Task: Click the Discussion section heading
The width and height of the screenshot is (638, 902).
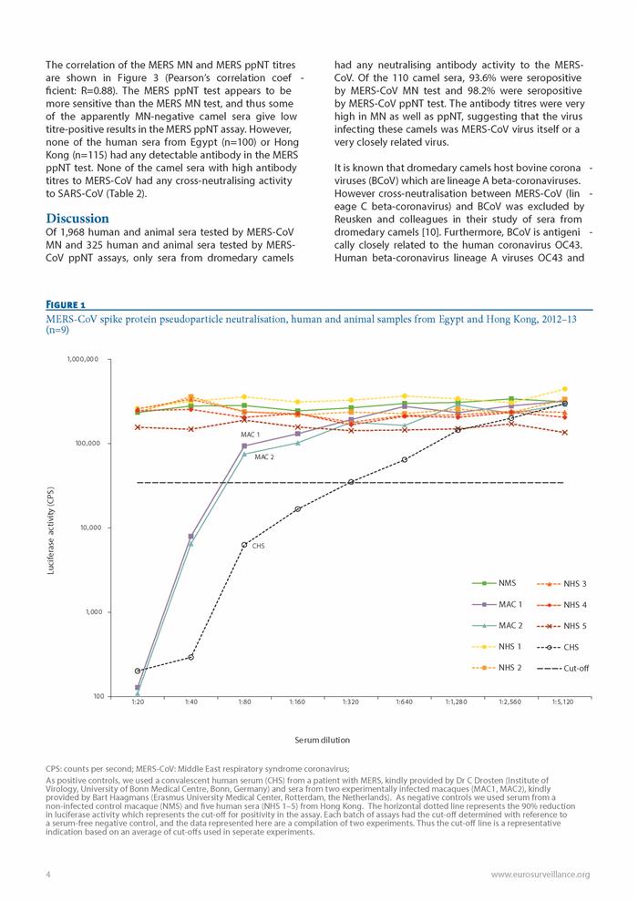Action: coord(77,219)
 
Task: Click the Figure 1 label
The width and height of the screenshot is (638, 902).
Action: coord(66,305)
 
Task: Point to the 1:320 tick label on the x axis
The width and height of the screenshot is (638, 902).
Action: coord(351,702)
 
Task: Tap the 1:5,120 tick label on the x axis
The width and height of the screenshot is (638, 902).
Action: coord(563,702)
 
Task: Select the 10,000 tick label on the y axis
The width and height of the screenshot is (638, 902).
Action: coord(91,528)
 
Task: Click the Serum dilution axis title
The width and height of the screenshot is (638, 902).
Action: coord(322,740)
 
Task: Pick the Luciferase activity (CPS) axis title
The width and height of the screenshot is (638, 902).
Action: coord(51,531)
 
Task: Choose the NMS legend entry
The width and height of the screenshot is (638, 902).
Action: coord(494,583)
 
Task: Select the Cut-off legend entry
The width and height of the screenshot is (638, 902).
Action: coord(562,669)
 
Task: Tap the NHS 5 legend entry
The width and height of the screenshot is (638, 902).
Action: coord(561,626)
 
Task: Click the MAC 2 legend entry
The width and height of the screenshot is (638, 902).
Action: coord(497,626)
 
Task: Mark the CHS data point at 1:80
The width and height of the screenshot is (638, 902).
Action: coord(244,544)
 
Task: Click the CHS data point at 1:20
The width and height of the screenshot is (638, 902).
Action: coord(138,671)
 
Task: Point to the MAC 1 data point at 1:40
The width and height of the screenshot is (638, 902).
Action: coord(191,536)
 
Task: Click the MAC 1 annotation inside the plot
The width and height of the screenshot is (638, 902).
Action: coord(251,435)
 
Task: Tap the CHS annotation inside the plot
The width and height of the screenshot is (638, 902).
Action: coord(259,546)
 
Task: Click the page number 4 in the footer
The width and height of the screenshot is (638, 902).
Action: coord(48,875)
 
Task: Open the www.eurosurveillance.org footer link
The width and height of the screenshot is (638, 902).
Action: coord(540,875)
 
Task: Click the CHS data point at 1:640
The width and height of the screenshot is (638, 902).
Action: coord(405,459)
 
